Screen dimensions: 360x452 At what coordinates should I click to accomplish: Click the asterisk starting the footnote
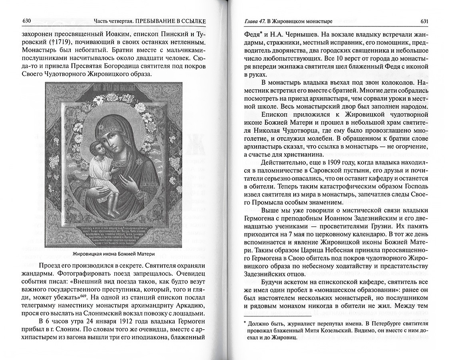[245, 322]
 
